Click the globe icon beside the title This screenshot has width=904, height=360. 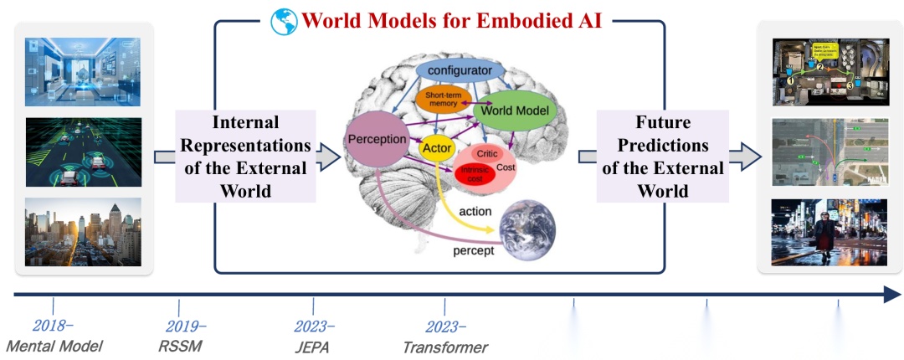click(284, 20)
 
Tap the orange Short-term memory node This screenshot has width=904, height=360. click(444, 99)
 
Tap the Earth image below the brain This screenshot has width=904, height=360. click(526, 229)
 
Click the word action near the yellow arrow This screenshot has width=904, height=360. click(475, 211)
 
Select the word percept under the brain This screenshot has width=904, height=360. click(473, 250)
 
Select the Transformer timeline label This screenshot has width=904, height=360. click(445, 346)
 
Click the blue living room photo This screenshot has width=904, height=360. click(83, 72)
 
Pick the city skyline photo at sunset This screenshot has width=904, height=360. click(83, 232)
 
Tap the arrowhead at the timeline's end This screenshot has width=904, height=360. click(891, 294)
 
